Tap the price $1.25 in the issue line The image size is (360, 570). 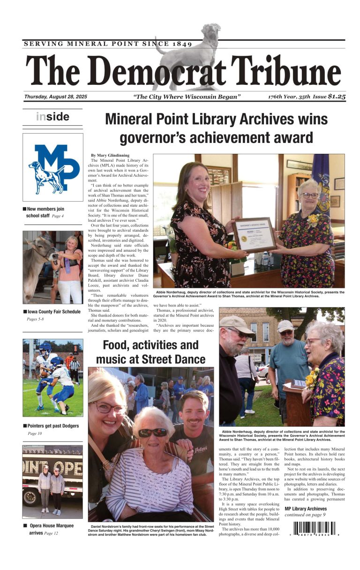[x=337, y=97]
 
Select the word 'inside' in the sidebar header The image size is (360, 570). [x=52, y=117]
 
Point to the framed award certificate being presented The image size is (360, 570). [x=255, y=234]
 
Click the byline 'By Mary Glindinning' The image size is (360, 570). [x=110, y=155]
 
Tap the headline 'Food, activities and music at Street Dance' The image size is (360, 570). [x=150, y=352]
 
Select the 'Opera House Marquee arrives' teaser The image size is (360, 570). [x=49, y=529]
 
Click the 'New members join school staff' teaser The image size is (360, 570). [x=45, y=212]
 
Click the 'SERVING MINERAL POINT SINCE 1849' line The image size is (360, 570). [x=108, y=44]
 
